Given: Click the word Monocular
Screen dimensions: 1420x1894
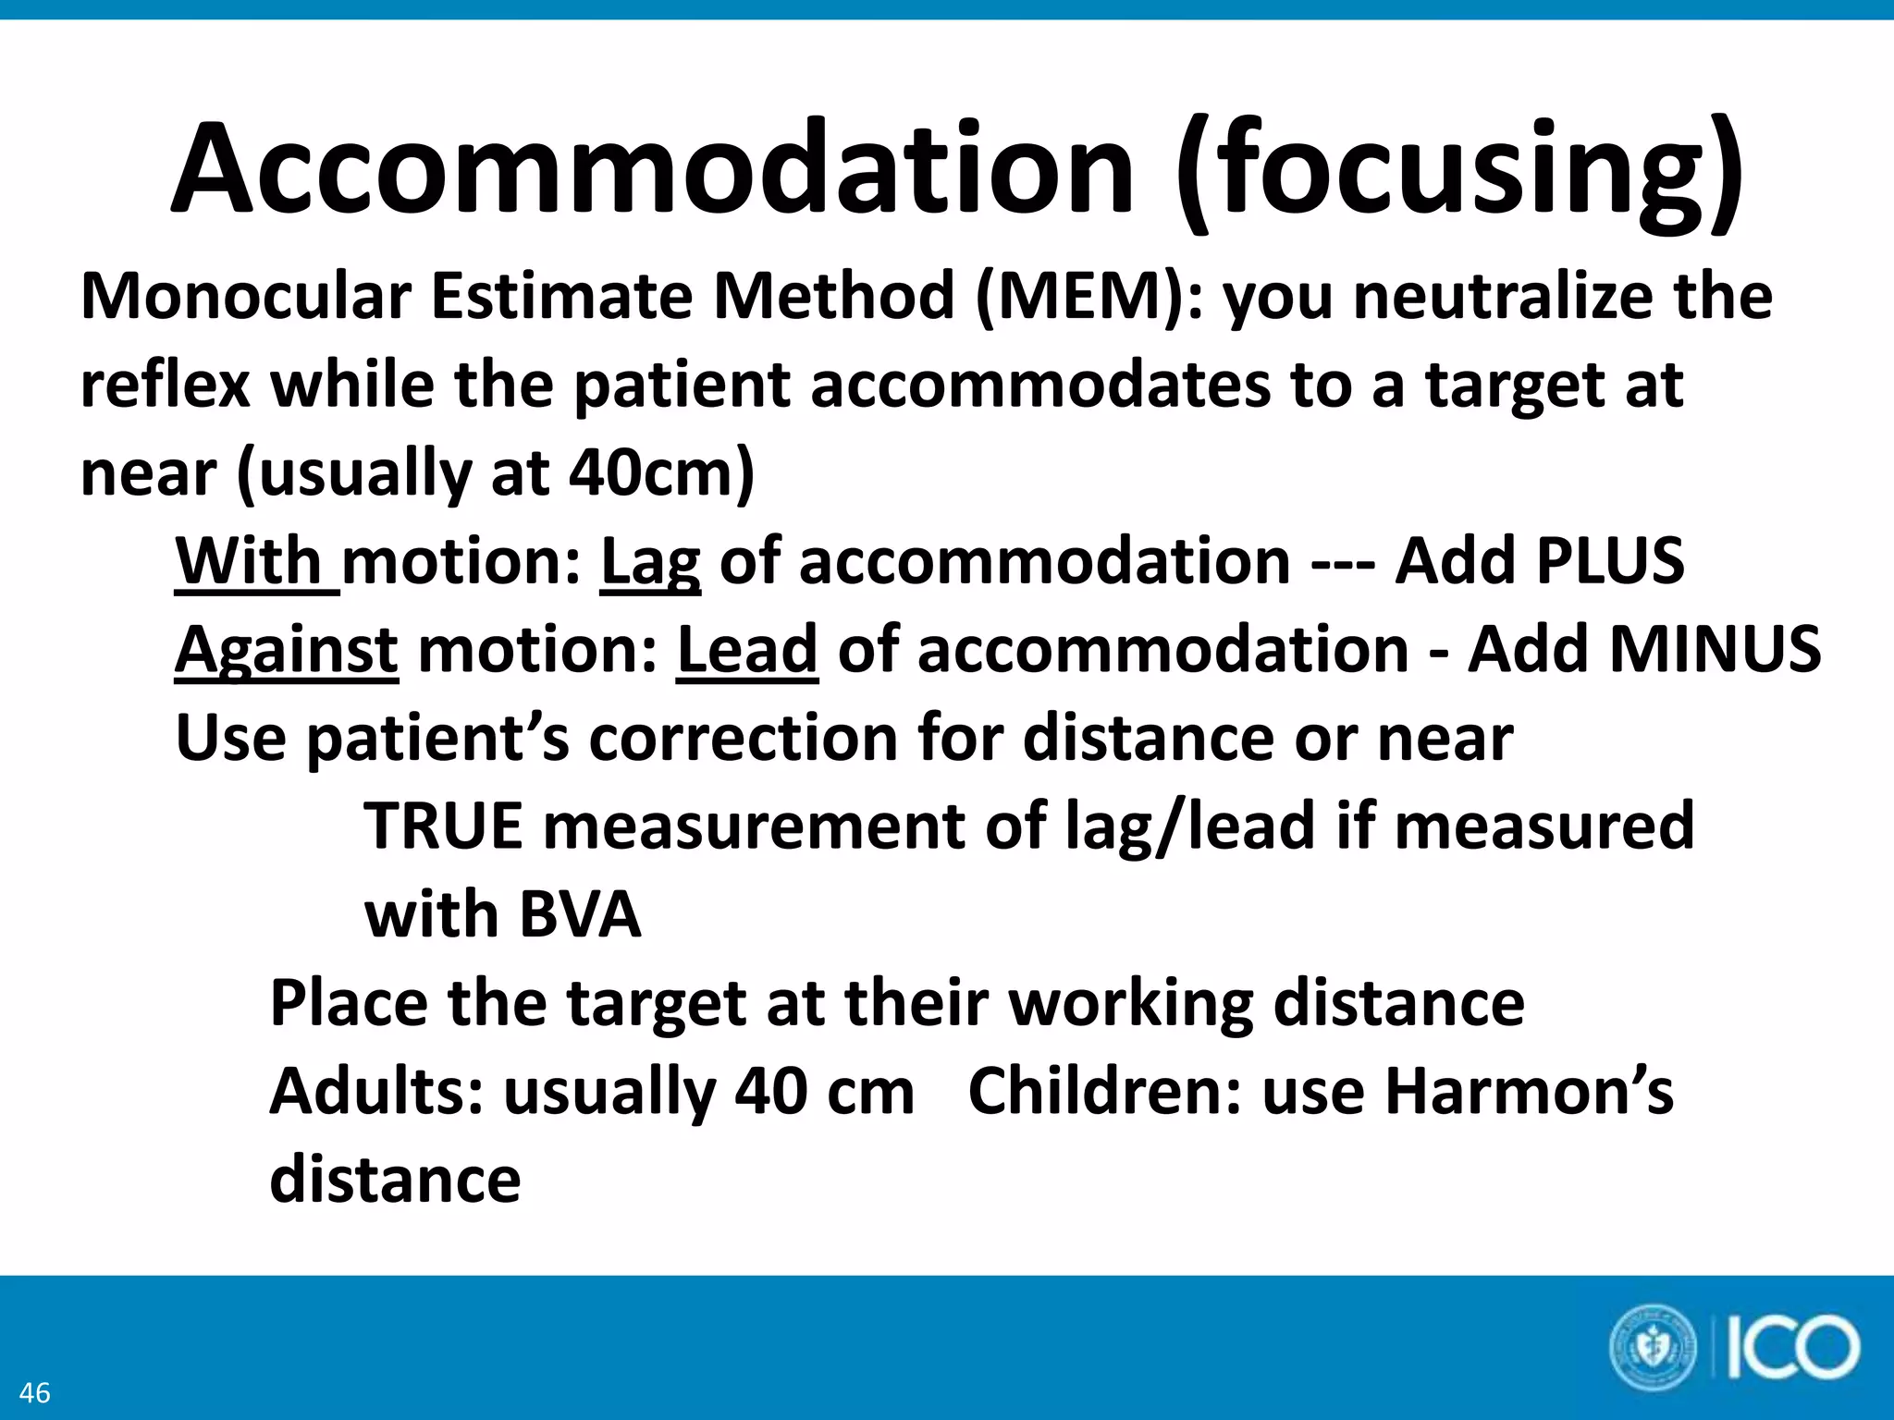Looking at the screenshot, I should coord(246,297).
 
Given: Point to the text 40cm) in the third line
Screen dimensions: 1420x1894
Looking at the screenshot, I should coord(661,473).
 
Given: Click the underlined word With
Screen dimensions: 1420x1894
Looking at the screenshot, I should coord(249,561).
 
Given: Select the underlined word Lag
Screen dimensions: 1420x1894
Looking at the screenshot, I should coord(650,563).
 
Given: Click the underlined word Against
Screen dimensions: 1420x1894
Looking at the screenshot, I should coord(287,650).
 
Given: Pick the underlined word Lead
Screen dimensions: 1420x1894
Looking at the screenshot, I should coord(747,650).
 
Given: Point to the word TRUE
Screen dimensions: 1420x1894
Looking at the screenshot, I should coord(443,826).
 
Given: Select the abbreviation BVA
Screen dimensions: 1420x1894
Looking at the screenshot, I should coord(580,914).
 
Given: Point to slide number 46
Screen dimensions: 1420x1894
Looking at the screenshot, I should coord(35,1392).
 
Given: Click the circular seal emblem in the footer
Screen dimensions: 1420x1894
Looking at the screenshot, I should coord(1653,1348).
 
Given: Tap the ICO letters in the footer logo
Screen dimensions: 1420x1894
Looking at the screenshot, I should coord(1792,1348).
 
